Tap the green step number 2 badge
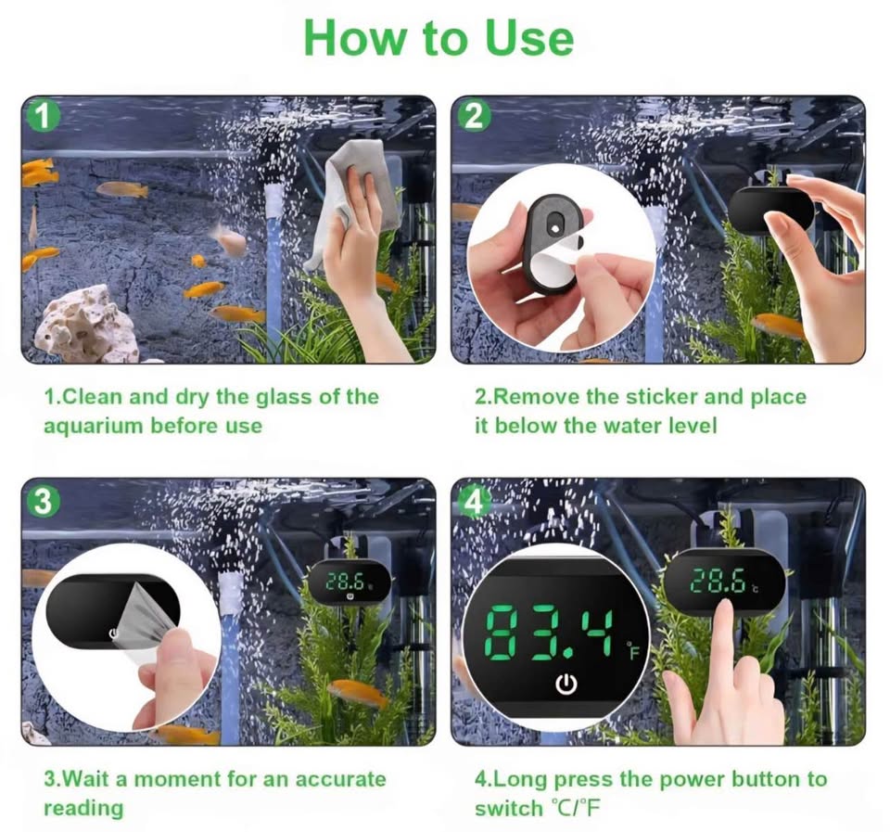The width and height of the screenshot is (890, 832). pos(474,117)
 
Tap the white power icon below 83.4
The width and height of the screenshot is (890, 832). pos(566,685)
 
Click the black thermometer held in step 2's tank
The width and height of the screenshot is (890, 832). pos(769,210)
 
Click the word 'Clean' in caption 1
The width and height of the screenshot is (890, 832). pos(91,397)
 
